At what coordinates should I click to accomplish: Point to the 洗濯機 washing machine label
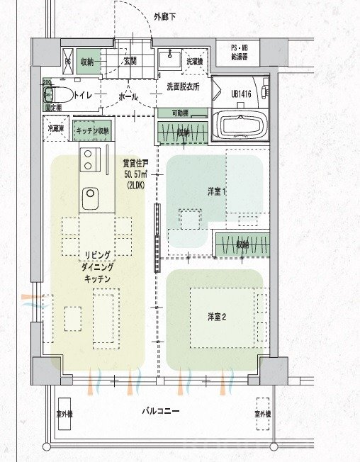click(194, 62)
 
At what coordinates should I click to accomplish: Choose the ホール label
click(128, 95)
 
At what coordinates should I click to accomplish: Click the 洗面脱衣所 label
click(183, 86)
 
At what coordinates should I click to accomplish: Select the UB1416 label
click(242, 93)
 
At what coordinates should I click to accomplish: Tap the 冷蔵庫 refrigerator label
click(56, 130)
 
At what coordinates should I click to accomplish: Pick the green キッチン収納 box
click(92, 130)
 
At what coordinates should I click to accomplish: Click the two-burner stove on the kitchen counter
click(91, 160)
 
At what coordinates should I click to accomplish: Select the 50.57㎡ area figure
click(135, 174)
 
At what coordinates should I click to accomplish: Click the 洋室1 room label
click(217, 191)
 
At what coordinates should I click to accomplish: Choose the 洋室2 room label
click(217, 316)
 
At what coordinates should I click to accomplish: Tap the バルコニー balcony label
click(160, 411)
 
